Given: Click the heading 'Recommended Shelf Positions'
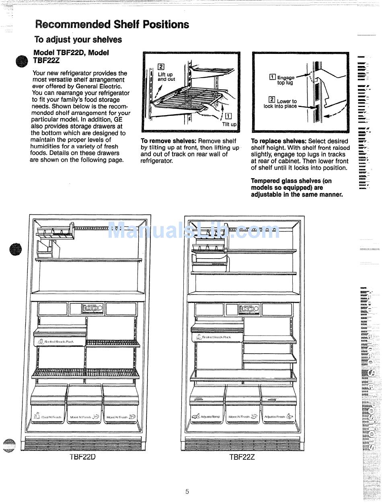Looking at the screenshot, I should pyautogui.click(x=112, y=24).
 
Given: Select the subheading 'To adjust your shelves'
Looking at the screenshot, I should pyautogui.click(x=78, y=39).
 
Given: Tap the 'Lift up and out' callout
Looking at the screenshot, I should pyautogui.click(x=166, y=76).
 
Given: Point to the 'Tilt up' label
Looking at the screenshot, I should pyautogui.click(x=229, y=124).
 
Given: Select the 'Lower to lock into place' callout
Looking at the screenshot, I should pyautogui.click(x=281, y=104).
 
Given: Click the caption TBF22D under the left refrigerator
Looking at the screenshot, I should pyautogui.click(x=82, y=457).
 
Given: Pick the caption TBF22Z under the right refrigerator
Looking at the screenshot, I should pyautogui.click(x=242, y=457).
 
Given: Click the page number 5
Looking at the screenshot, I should pyautogui.click(x=187, y=491).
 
